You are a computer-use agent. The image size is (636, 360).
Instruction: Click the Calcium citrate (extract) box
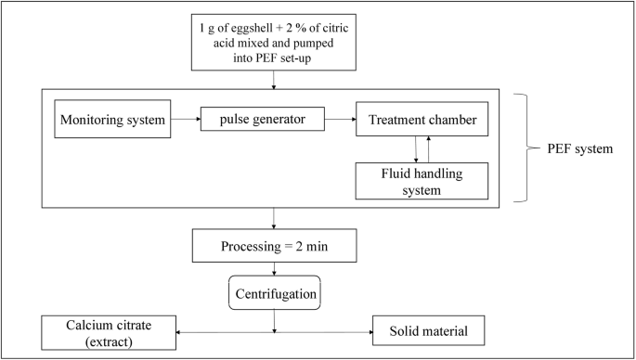click(x=110, y=332)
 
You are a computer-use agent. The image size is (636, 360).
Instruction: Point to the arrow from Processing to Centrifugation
click(x=274, y=268)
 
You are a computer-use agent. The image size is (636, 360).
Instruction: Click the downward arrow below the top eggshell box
click(x=274, y=81)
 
